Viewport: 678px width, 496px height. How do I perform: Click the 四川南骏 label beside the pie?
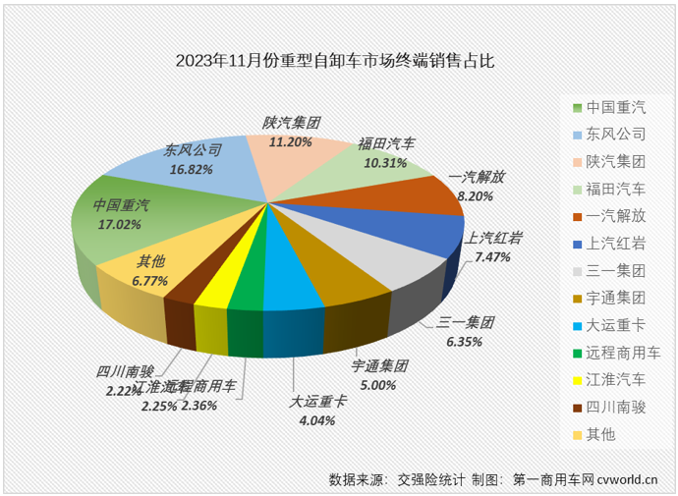click(124, 371)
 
